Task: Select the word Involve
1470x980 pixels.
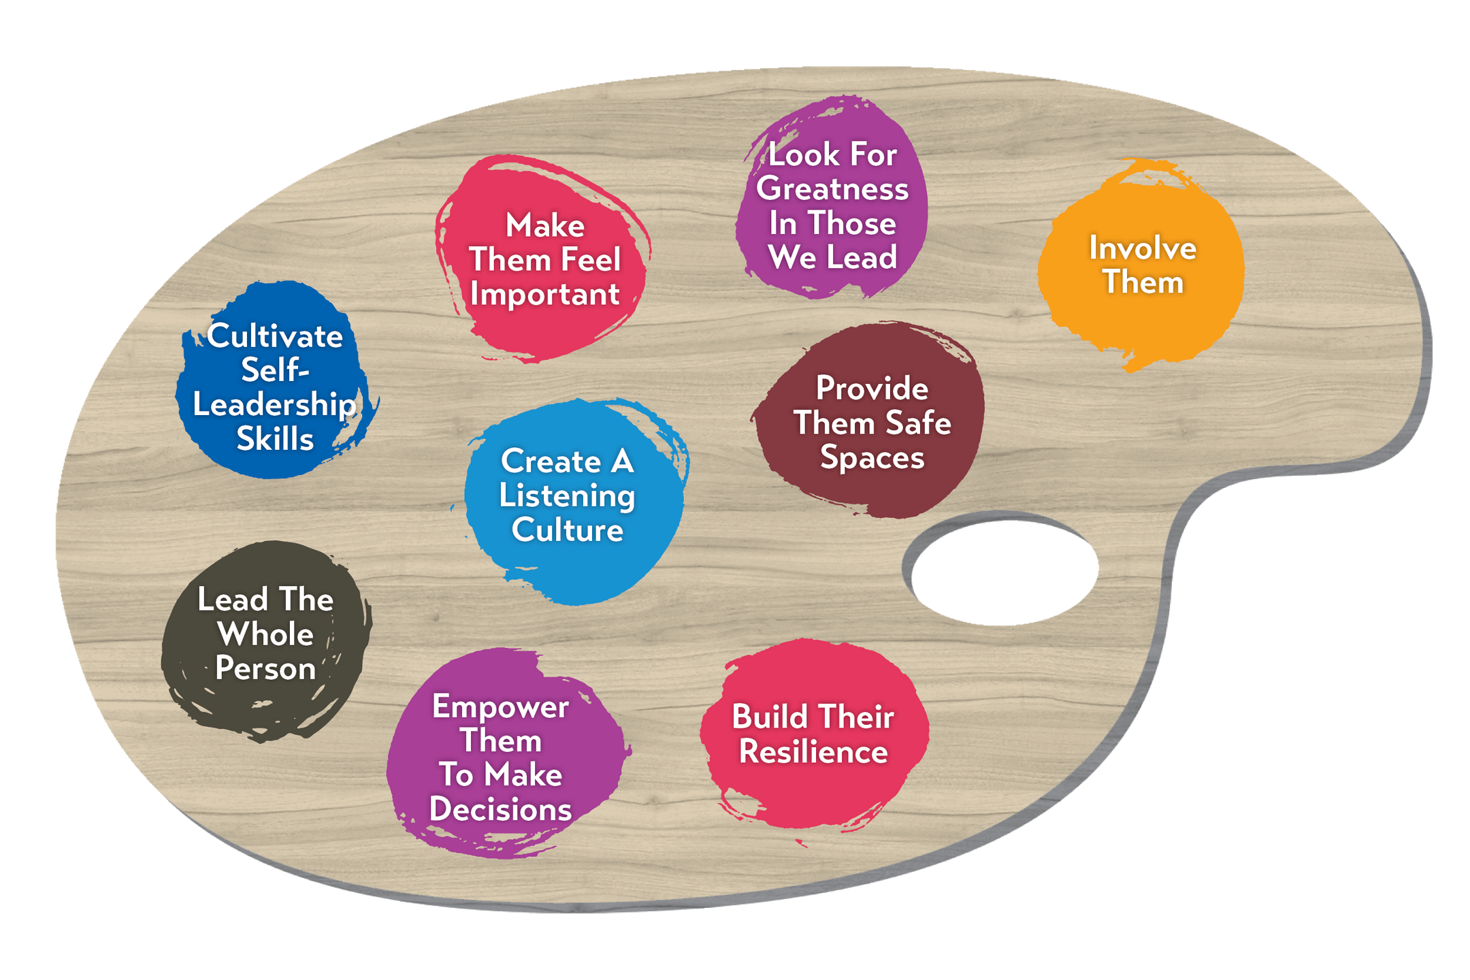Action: [1143, 248]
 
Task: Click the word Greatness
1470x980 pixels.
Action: [832, 189]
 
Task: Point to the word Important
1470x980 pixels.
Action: [544, 295]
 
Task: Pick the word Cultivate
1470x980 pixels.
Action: [275, 336]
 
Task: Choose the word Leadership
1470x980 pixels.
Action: [274, 405]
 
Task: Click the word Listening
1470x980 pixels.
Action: [567, 496]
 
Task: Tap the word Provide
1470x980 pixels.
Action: [872, 389]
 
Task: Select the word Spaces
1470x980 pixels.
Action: [872, 457]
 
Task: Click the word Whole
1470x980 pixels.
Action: [265, 634]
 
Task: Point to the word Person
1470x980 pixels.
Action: [265, 669]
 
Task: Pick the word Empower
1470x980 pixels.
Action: [500, 706]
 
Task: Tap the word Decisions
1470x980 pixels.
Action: [500, 809]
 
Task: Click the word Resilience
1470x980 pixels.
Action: [813, 752]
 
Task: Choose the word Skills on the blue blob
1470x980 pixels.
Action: [275, 439]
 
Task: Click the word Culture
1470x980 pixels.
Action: [567, 530]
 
